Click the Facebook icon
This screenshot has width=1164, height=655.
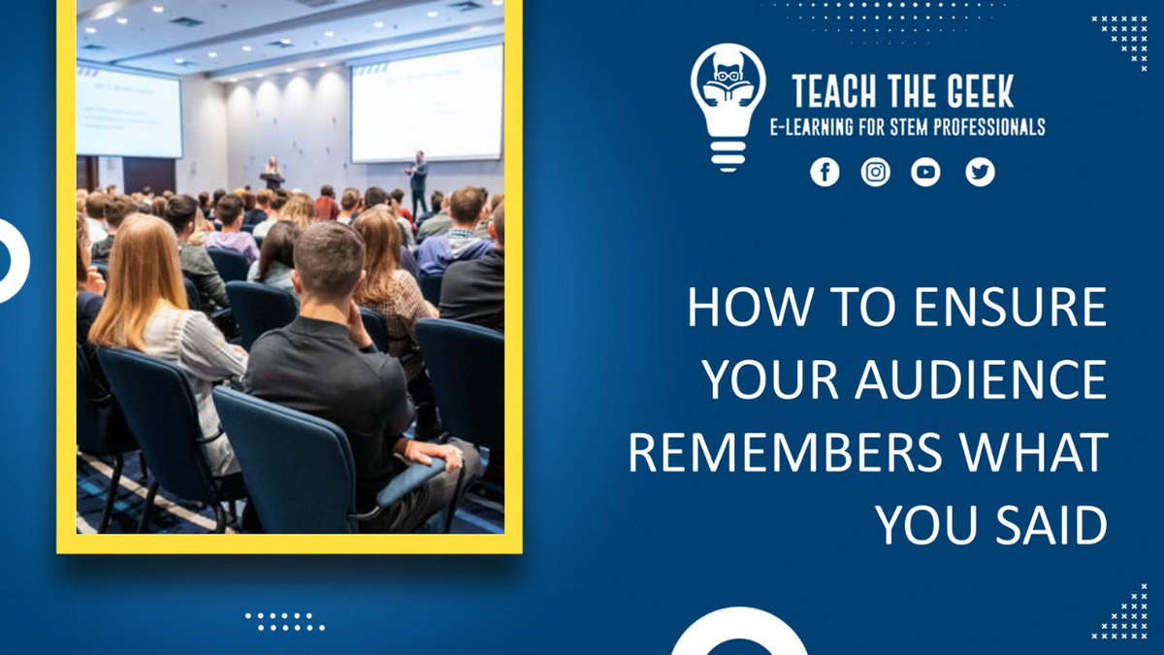(x=824, y=173)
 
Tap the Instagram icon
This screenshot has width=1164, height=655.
(x=876, y=173)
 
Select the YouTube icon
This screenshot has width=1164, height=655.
(x=925, y=173)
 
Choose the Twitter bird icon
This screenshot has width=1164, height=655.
(x=980, y=173)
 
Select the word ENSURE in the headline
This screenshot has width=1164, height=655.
(x=1010, y=309)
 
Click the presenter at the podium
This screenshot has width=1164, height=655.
(x=273, y=173)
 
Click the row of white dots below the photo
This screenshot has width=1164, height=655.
(x=284, y=621)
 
